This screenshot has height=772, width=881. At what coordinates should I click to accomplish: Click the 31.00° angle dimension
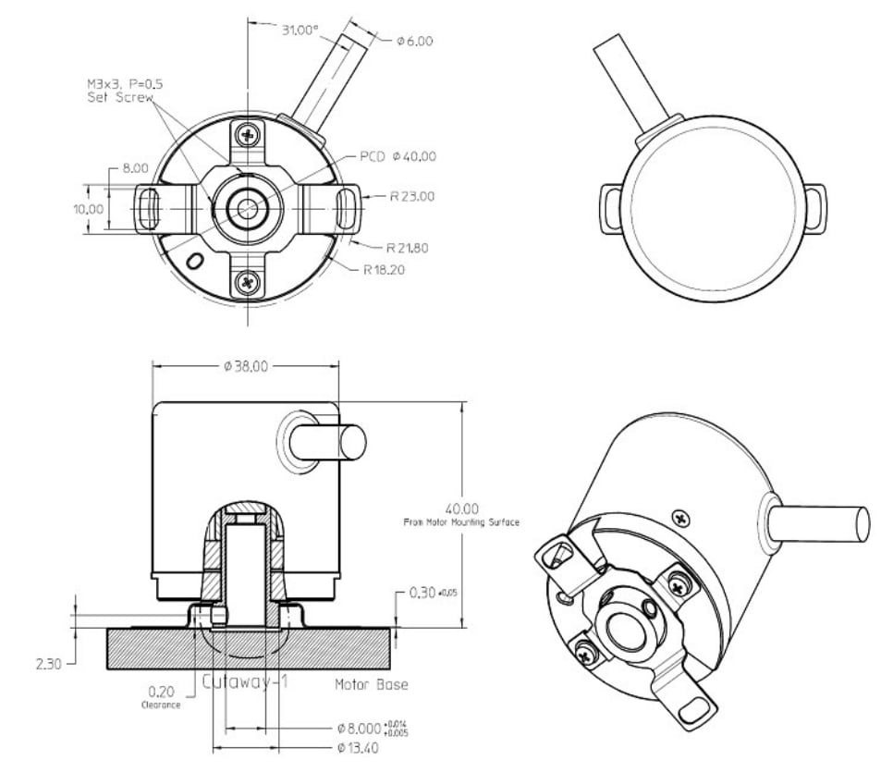point(300,30)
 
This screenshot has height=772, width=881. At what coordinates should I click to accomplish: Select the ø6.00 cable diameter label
point(414,41)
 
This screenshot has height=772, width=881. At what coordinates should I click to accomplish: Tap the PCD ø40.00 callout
point(398,157)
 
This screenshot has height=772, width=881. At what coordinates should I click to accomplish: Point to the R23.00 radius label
point(411,196)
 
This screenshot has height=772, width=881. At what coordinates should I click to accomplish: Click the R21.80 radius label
point(408,248)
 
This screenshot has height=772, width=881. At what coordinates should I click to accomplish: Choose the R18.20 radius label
point(384,270)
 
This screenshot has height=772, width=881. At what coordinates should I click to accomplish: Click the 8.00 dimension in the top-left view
point(135,168)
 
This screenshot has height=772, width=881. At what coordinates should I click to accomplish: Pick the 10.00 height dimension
point(89,209)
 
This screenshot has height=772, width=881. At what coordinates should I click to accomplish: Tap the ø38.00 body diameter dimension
point(245,366)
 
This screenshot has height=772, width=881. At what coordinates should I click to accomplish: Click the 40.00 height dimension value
point(461,509)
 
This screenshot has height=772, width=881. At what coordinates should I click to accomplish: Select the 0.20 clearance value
point(162,691)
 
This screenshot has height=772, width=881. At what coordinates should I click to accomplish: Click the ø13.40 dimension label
point(357,747)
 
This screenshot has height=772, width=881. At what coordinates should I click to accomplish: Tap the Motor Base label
point(371,685)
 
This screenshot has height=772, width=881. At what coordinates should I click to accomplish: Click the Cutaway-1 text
point(246,681)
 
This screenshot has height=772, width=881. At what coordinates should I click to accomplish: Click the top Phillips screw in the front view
point(247,135)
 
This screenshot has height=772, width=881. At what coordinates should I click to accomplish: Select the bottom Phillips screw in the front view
point(247,281)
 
